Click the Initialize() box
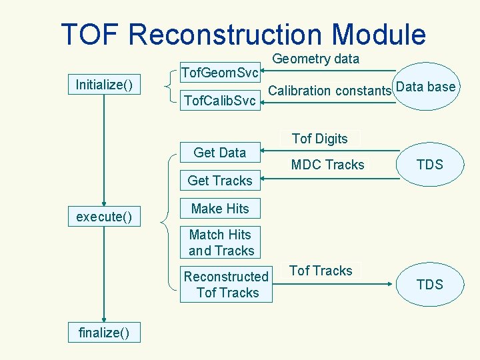(104, 85)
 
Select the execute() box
(104, 217)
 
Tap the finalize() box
(104, 332)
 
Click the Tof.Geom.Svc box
(220, 71)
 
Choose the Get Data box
(220, 153)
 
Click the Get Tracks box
(220, 181)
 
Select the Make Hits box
(220, 209)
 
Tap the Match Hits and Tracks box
(221, 243)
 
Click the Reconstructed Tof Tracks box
(227, 285)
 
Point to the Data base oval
(425, 87)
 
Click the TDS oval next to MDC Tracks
(429, 165)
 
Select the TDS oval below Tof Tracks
(429, 285)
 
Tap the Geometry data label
(316, 59)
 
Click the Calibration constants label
(330, 91)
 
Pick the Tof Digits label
(320, 139)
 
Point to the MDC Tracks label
(328, 165)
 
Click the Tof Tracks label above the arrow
(321, 271)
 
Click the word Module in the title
(379, 35)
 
